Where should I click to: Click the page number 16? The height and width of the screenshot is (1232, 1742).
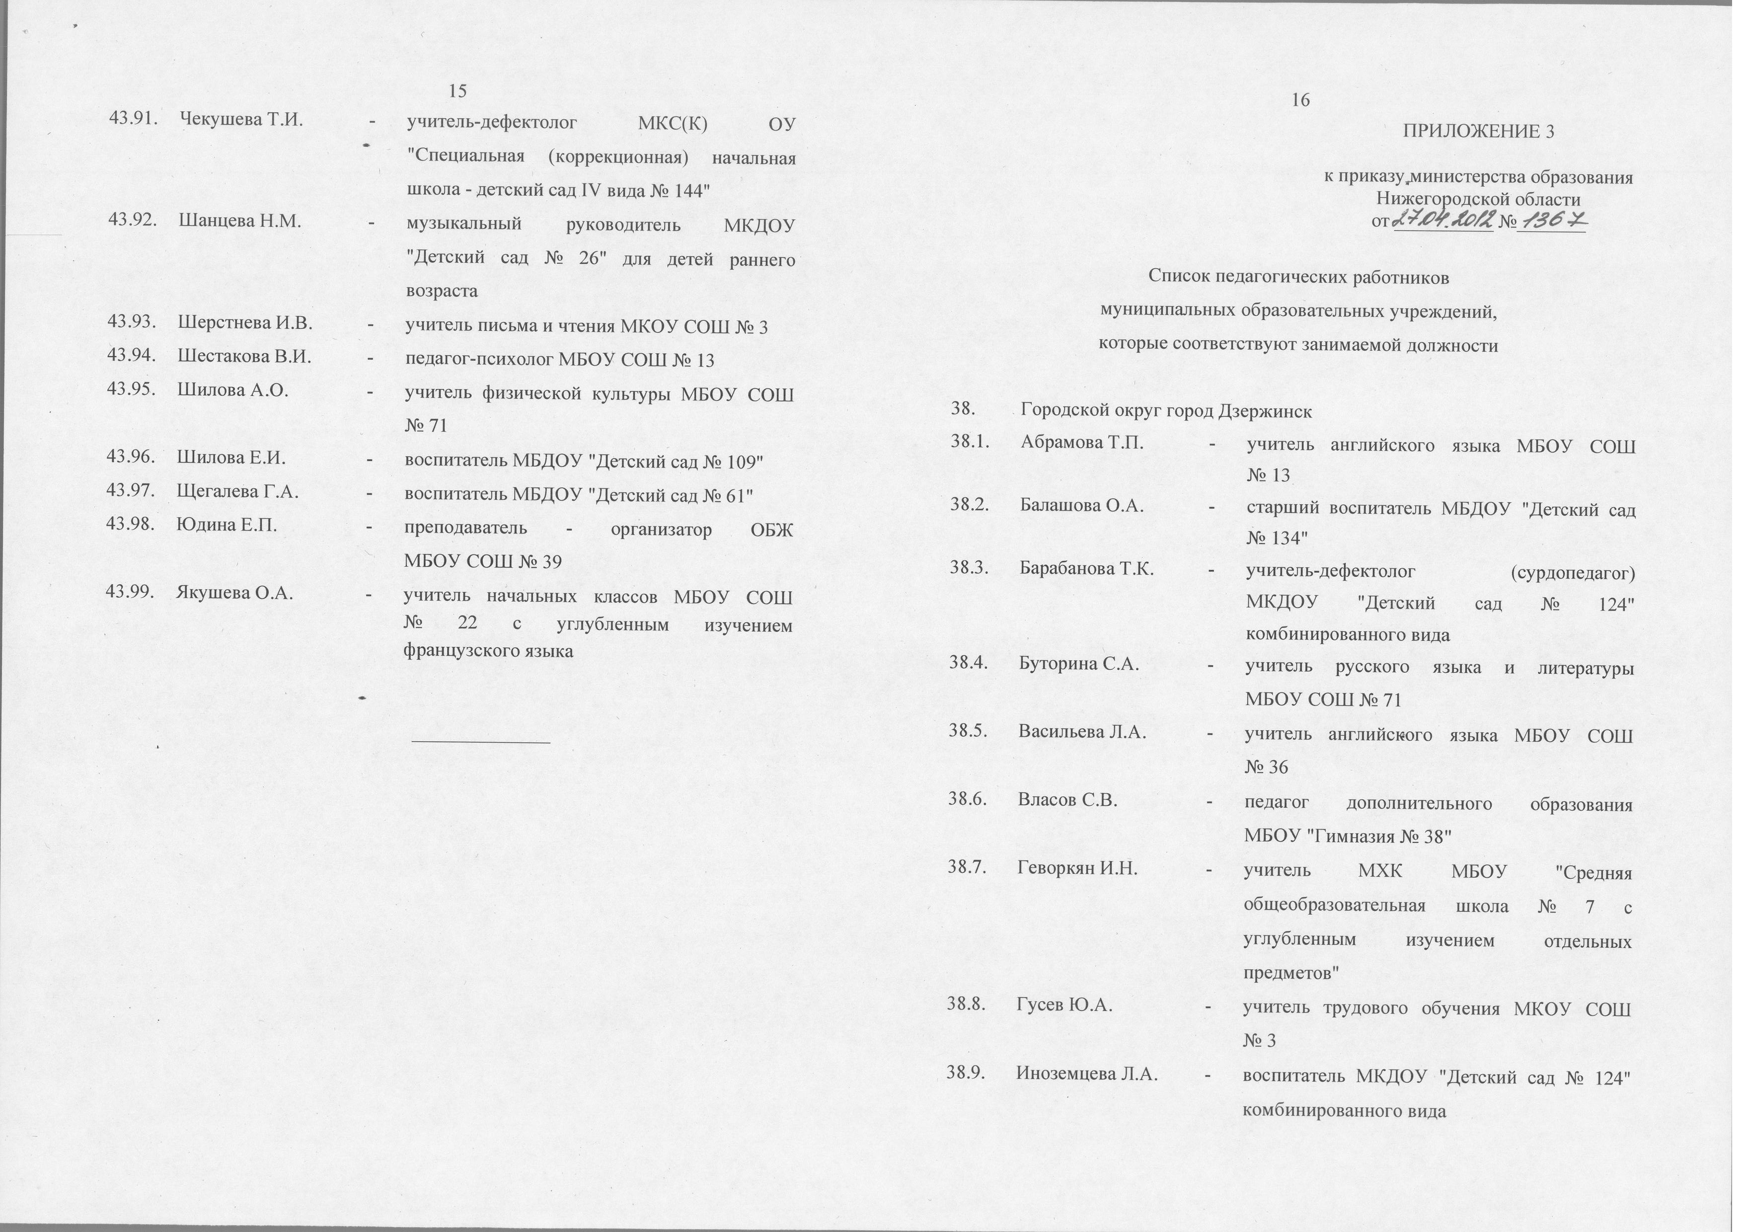(1300, 101)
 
